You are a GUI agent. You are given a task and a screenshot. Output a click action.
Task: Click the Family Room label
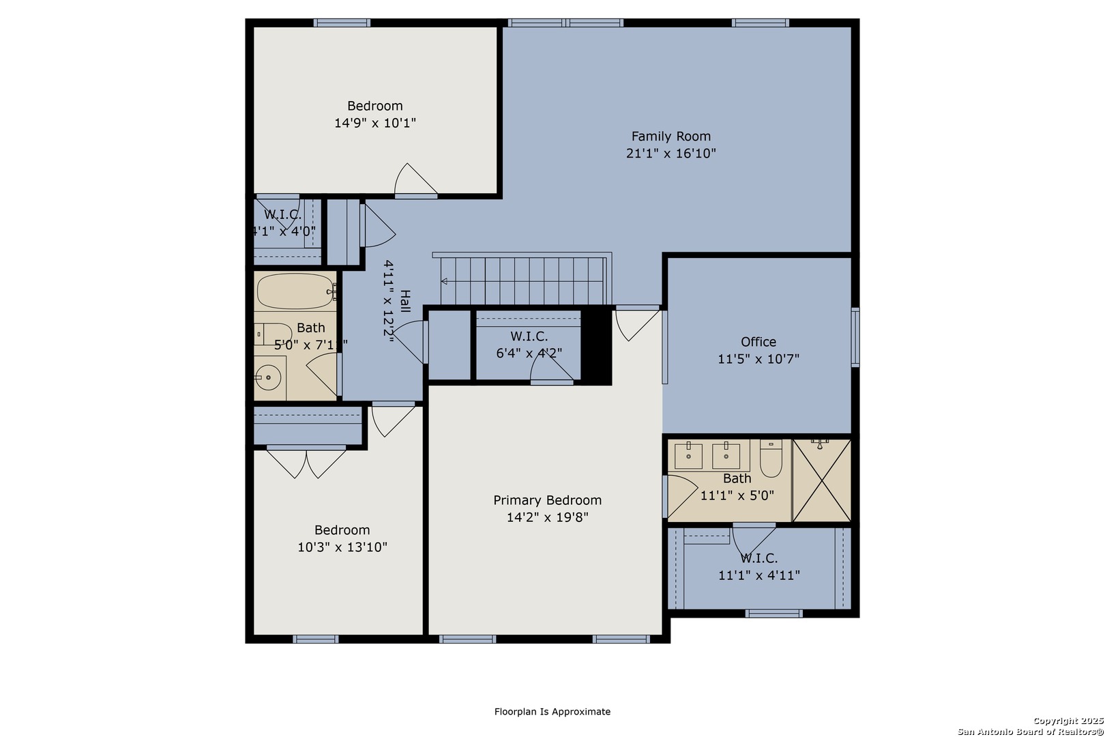671,136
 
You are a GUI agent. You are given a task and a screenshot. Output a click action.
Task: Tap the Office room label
758,342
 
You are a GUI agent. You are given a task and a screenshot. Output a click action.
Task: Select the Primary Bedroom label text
548,500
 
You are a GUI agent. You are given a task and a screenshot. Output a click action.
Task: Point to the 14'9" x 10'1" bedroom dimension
375,123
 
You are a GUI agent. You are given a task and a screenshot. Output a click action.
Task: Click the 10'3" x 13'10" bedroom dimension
342,547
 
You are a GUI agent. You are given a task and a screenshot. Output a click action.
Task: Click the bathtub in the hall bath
295,291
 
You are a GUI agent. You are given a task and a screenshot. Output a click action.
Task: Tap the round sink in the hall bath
268,377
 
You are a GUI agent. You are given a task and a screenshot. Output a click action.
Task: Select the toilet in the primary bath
771,458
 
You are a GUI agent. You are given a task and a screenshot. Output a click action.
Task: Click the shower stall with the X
822,480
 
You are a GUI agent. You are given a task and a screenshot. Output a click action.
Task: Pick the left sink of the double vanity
689,456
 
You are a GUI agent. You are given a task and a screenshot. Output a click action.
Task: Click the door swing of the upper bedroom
415,179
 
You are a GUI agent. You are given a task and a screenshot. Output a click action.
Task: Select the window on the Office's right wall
856,337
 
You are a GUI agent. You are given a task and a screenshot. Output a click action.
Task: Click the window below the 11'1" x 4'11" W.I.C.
774,613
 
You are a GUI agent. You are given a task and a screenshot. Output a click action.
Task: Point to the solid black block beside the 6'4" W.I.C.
597,345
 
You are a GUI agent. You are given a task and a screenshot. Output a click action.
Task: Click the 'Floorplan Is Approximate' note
552,711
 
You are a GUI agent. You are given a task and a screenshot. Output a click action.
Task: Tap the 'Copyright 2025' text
1068,721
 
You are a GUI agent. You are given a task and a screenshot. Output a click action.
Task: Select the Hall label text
404,301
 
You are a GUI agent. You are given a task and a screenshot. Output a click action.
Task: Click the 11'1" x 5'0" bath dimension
737,495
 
